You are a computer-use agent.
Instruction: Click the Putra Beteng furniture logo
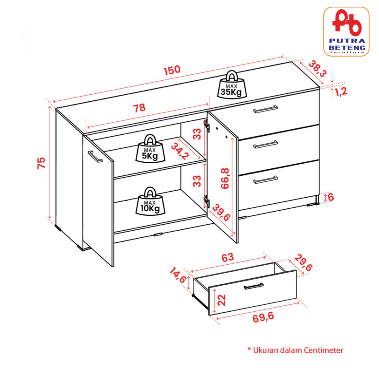[x=346, y=32]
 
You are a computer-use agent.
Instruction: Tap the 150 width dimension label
[x=172, y=70]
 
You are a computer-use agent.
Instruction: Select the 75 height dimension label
[x=41, y=163]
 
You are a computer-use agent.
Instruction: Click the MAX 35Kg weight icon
[x=232, y=85]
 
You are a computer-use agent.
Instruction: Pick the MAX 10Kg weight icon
[x=150, y=201]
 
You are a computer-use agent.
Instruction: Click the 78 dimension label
[x=139, y=108]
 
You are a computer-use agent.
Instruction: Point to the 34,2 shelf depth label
[x=180, y=151]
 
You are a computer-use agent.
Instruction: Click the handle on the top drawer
[x=265, y=109]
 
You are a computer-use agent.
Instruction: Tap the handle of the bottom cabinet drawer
[x=265, y=180]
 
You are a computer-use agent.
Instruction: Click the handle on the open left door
[x=95, y=157]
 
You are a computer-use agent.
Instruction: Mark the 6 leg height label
[x=331, y=197]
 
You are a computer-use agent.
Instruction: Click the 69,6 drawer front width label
[x=263, y=317]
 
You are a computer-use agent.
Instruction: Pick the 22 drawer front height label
[x=221, y=300]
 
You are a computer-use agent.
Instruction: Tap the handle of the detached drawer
[x=254, y=286]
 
